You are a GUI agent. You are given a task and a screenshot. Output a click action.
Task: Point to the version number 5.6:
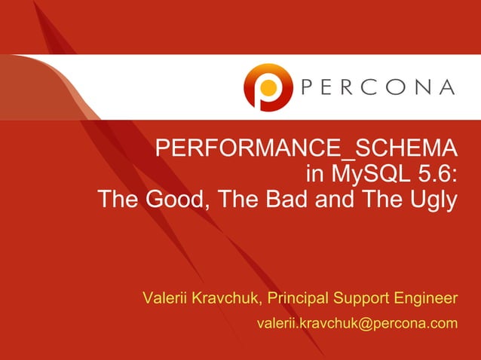point(437,175)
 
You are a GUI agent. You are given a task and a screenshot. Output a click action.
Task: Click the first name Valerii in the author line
point(167,298)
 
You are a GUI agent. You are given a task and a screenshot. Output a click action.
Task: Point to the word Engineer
point(429,298)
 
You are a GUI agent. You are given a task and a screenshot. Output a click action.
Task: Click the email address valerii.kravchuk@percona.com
point(357,324)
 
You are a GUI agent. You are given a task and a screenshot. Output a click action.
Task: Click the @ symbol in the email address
point(363,324)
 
